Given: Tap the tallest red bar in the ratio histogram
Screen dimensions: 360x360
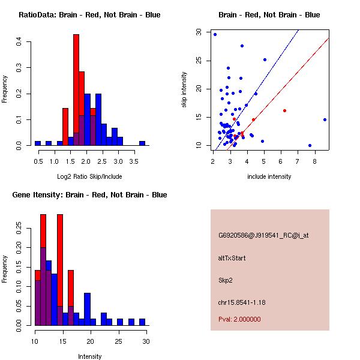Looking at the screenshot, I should pyautogui.click(x=76, y=90).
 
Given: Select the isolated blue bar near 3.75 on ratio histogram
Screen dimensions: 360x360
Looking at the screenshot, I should pyautogui.click(x=142, y=143).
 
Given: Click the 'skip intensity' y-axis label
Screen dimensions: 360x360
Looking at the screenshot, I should pyautogui.click(x=184, y=90).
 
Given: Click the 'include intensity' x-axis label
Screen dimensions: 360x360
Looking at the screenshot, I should pyautogui.click(x=269, y=176).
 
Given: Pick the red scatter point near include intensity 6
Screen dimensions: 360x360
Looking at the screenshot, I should pyautogui.click(x=284, y=110).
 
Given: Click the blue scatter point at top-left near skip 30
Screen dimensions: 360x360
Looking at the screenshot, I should pyautogui.click(x=215, y=34).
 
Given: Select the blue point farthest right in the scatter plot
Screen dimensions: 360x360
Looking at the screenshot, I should pyautogui.click(x=325, y=119).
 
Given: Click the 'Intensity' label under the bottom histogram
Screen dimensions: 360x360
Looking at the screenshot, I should pyautogui.click(x=90, y=356).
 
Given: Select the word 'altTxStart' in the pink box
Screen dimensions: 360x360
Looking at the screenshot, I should pyautogui.click(x=232, y=258).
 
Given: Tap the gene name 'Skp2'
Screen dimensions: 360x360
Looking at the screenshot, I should pyautogui.click(x=225, y=280).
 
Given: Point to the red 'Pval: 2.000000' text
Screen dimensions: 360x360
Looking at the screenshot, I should pyautogui.click(x=239, y=319).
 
